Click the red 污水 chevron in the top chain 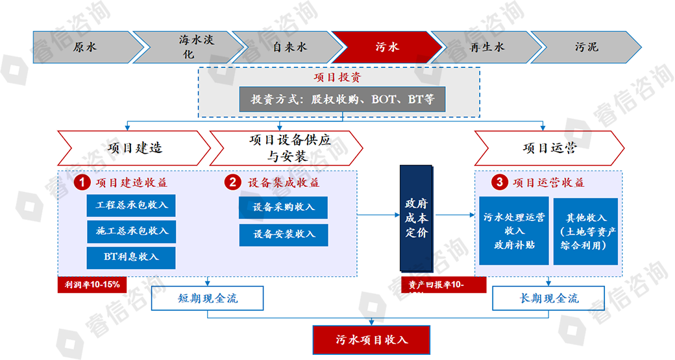(387, 47)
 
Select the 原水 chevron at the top (85, 47)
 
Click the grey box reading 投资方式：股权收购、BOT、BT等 (343, 99)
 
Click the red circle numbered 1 (81, 183)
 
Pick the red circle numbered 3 (498, 183)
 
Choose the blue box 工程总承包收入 (132, 205)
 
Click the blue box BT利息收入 (132, 256)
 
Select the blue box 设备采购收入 (284, 208)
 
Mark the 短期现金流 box (207, 299)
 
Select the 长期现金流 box (549, 299)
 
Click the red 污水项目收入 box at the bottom (371, 340)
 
